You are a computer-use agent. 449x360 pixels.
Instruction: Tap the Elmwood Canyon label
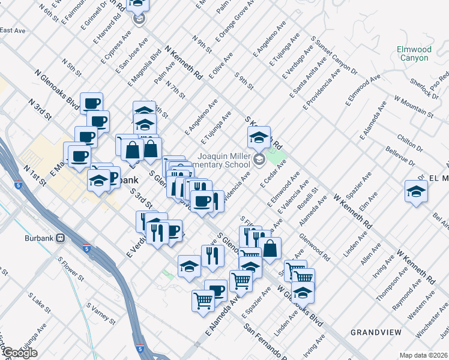pos(413,53)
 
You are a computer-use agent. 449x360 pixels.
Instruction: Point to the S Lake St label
pos(38,306)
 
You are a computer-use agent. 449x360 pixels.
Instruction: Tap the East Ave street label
pos(13,30)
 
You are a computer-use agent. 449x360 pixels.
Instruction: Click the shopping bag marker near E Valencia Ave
pos(271,247)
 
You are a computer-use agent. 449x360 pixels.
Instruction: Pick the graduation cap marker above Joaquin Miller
pos(259,137)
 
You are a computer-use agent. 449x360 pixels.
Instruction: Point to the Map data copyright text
pos(424,355)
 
